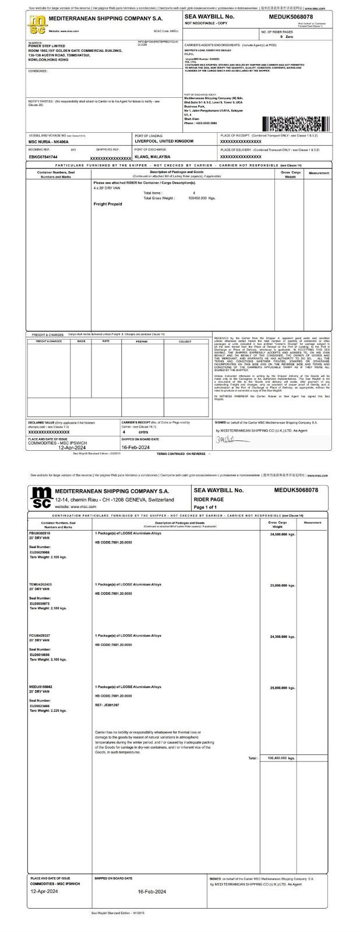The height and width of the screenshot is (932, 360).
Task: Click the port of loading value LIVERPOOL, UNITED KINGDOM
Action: pyautogui.click(x=164, y=141)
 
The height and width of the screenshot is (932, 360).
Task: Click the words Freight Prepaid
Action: pyautogui.click(x=108, y=204)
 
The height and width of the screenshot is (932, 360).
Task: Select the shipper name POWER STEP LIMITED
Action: pyautogui.click(x=46, y=45)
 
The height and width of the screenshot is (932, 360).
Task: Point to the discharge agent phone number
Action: pyautogui.click(x=200, y=123)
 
